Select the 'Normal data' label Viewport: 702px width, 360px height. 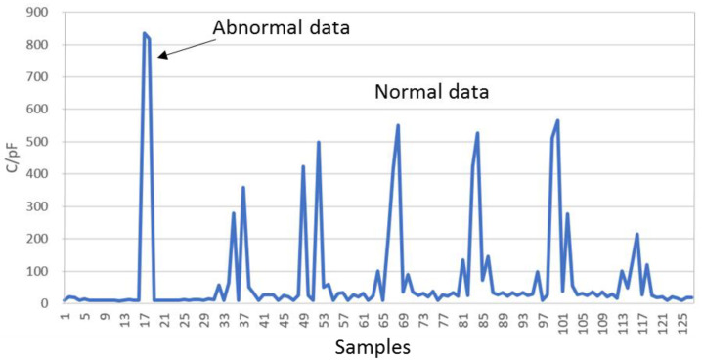[x=432, y=94]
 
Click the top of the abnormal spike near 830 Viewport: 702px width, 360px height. [x=145, y=34]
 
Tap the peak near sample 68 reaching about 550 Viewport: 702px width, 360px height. [x=398, y=125]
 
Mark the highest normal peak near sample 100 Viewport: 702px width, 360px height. [x=557, y=120]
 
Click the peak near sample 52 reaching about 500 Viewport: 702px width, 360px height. [x=319, y=143]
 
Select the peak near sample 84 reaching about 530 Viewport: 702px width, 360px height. [x=477, y=133]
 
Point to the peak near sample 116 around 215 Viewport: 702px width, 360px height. [x=637, y=234]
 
